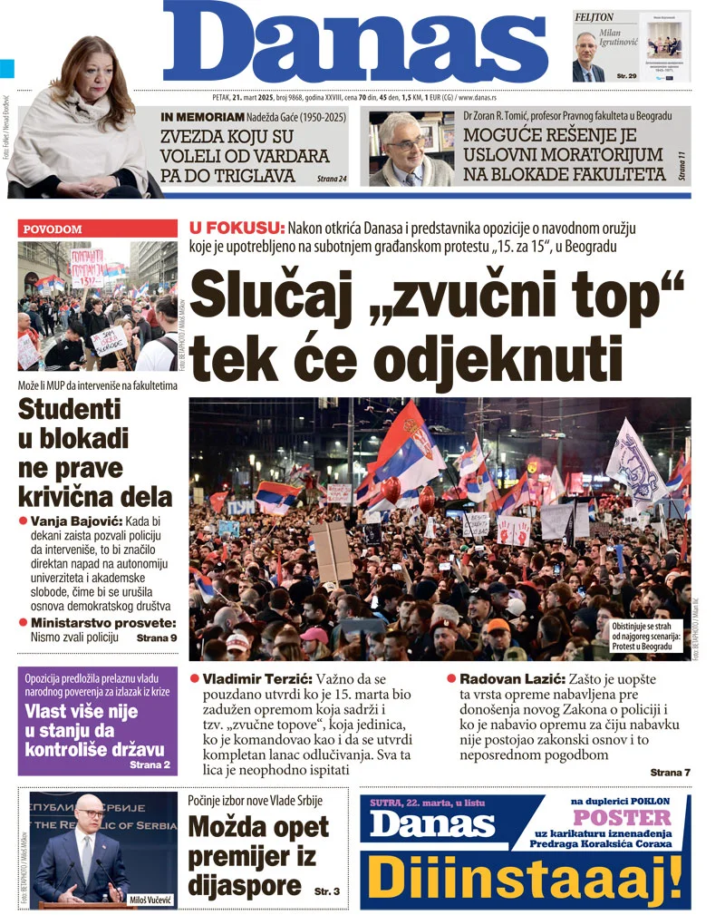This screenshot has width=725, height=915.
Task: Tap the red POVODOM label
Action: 52,229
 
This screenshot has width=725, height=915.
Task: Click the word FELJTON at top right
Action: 594,17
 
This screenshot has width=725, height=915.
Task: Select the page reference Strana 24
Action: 332,180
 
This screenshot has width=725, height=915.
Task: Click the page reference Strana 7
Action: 670,772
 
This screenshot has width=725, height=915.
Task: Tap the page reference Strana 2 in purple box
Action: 150,765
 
